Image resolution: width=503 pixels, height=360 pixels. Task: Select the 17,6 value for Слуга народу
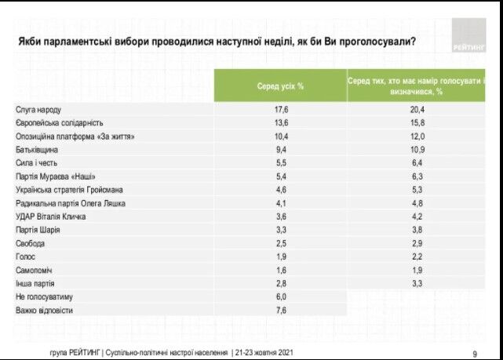tap(281, 110)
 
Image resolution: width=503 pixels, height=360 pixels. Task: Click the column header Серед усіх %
tap(280, 85)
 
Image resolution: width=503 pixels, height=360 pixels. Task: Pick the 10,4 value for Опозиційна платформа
tap(281, 136)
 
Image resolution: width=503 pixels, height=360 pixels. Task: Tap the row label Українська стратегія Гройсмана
tap(70, 189)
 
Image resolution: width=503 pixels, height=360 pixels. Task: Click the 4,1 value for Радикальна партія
tap(281, 202)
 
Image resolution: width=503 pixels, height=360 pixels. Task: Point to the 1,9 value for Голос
tap(281, 256)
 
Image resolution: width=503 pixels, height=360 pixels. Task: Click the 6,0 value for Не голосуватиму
tap(281, 296)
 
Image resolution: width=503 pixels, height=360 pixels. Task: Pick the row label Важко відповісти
tap(46, 310)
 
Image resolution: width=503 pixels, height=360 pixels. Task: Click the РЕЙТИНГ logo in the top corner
tap(468, 37)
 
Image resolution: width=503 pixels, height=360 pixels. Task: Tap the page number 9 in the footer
tap(475, 352)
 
